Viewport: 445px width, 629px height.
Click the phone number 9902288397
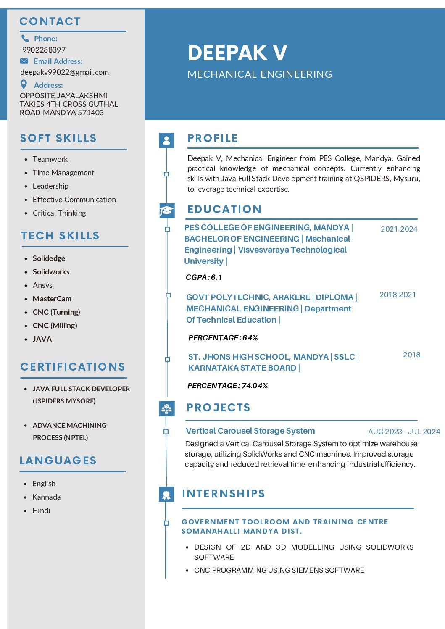coord(44,50)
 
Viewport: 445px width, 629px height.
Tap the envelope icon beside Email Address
coord(24,61)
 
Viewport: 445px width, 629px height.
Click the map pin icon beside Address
coord(24,84)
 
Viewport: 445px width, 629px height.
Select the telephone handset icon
coord(25,38)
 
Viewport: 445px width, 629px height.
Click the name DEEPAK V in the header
coord(237,53)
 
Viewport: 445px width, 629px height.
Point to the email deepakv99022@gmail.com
coord(64,72)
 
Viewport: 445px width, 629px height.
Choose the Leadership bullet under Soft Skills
coord(50,186)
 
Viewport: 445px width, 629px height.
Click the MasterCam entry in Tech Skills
coord(52,299)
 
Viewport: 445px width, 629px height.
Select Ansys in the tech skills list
coord(42,285)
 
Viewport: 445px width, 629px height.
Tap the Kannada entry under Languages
coord(46,497)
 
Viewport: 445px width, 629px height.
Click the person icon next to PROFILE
coord(166,140)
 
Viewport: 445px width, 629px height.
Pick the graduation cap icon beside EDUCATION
coord(166,210)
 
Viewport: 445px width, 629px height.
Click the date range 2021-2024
coord(399,229)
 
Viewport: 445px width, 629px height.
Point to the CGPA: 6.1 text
coord(204,277)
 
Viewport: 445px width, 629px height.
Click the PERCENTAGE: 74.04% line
coord(227,386)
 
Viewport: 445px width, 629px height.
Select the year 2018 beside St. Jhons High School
coord(411,355)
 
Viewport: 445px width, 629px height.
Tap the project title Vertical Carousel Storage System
coord(250,431)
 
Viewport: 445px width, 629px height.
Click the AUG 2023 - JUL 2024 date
coord(404,432)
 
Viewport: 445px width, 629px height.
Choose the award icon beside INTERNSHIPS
coord(166,494)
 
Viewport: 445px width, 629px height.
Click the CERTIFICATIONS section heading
coord(73,367)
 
